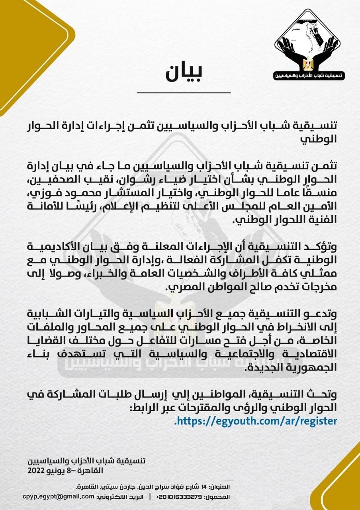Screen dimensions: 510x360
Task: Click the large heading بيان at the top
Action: pos(184,72)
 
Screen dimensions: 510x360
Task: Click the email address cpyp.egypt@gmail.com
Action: pos(59,497)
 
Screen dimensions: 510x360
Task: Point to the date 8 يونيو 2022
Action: pos(49,470)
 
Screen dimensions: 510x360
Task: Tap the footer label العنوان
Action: pos(220,486)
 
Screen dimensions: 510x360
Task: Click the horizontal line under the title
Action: pos(184,92)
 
